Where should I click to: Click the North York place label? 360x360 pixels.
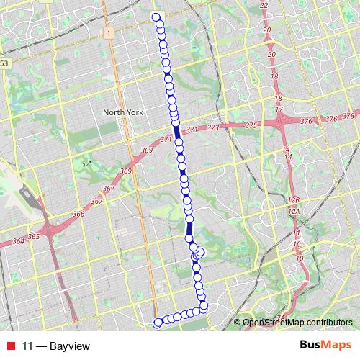tap(124, 112)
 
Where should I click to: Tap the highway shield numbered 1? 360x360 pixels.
tap(108, 33)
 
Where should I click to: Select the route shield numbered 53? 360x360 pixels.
tap(5, 64)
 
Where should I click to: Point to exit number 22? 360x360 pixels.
tap(264, 5)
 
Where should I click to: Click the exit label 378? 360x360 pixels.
tap(348, 117)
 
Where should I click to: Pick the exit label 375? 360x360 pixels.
tap(251, 125)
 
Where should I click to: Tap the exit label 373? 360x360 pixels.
tap(212, 128)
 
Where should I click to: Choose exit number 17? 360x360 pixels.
tap(279, 109)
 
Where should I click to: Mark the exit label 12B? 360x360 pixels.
tap(292, 199)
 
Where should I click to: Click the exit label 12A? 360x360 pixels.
tap(293, 212)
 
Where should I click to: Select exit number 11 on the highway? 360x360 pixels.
tap(296, 234)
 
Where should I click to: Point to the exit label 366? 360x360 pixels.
tap(78, 214)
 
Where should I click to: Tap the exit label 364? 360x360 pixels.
tap(18, 240)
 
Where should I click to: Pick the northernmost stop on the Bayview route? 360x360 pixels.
tap(156, 17)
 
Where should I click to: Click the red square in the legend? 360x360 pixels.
tap(9, 346)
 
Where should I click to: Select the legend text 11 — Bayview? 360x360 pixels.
tap(56, 346)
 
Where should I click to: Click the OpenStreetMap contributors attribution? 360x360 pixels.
tap(297, 322)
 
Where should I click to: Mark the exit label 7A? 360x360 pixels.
tap(281, 318)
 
